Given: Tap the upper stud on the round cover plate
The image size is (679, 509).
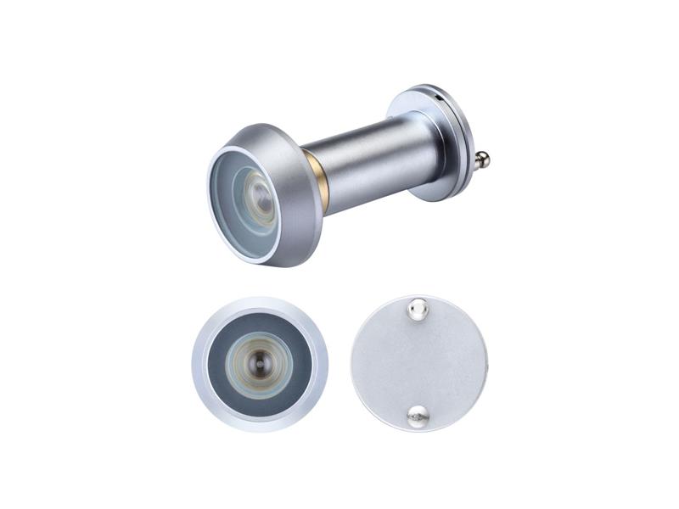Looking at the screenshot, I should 417,311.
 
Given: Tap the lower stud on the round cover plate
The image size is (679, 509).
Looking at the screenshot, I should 417,415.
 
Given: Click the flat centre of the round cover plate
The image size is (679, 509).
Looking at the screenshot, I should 419,363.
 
